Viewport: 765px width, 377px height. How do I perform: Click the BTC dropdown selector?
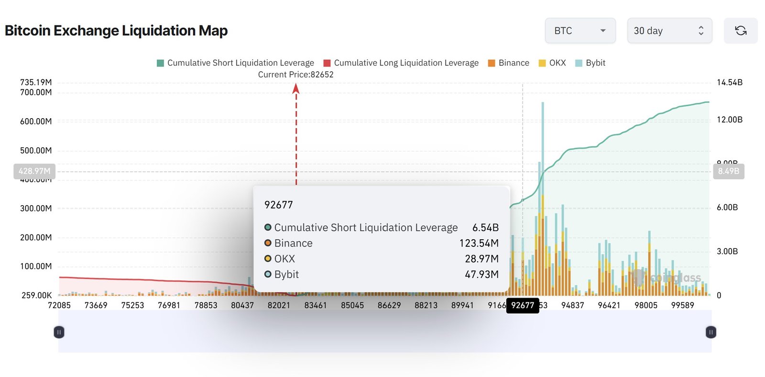pyautogui.click(x=579, y=31)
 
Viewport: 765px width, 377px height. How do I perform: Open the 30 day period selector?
pyautogui.click(x=669, y=31)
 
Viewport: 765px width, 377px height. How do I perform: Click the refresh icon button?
pyautogui.click(x=740, y=31)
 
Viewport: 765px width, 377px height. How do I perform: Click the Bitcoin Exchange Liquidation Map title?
pyautogui.click(x=116, y=31)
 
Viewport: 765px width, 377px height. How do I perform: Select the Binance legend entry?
pyautogui.click(x=509, y=63)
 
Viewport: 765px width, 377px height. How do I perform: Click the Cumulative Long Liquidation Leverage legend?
pyautogui.click(x=401, y=63)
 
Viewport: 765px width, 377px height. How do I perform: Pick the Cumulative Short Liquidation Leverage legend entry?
pyautogui.click(x=236, y=63)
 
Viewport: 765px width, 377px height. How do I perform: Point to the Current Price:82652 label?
pyautogui.click(x=295, y=75)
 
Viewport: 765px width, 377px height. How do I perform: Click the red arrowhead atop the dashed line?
pyautogui.click(x=296, y=88)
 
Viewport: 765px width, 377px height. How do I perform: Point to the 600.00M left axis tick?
pyautogui.click(x=36, y=122)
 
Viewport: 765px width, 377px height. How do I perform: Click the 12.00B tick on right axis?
pyautogui.click(x=729, y=120)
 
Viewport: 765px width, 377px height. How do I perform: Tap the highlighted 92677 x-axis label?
pyautogui.click(x=523, y=305)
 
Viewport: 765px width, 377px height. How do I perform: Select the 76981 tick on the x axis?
pyautogui.click(x=169, y=305)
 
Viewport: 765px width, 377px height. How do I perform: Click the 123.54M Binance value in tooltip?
pyautogui.click(x=479, y=243)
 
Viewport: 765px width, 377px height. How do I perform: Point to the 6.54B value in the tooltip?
pyautogui.click(x=485, y=228)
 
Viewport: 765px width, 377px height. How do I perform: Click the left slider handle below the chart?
pyautogui.click(x=59, y=332)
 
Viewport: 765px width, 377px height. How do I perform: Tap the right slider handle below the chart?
pyautogui.click(x=710, y=332)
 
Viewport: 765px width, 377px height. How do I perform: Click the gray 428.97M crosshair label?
pyautogui.click(x=34, y=171)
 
